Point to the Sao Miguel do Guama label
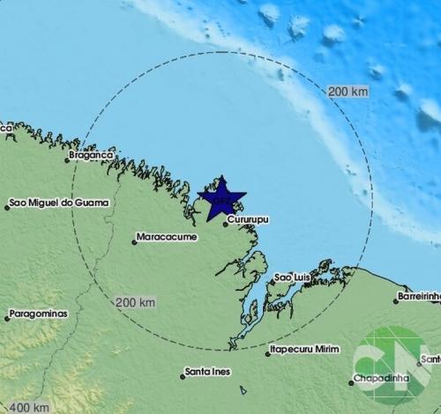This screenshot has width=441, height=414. [x=62, y=204]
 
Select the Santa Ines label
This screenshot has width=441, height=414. [x=210, y=373]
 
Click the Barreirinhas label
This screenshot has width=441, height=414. [x=419, y=297]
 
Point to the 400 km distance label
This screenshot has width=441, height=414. [x=30, y=406]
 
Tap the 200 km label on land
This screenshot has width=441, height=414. [x=136, y=302]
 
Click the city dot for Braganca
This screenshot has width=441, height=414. [x=68, y=159]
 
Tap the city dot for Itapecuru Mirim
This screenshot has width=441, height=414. [x=268, y=354]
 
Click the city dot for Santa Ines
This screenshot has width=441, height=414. [x=183, y=376]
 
